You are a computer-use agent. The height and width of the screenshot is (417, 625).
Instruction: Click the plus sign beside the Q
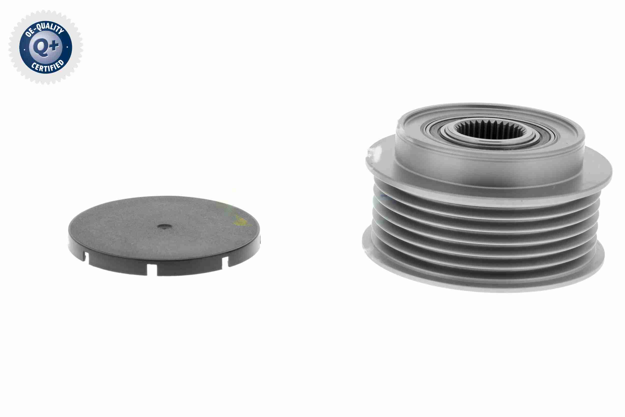[x=54, y=46]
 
